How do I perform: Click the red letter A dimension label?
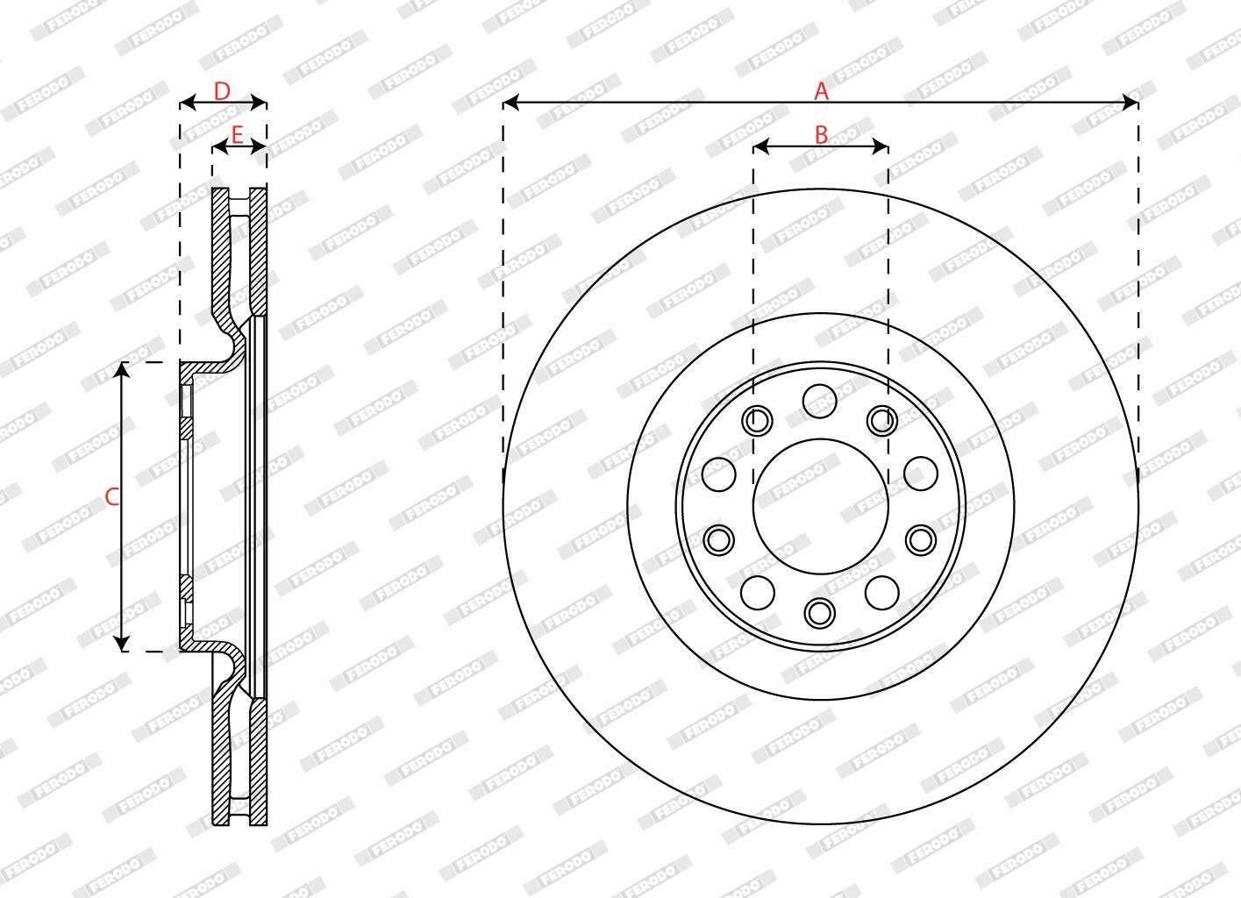[821, 91]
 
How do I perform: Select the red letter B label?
[821, 135]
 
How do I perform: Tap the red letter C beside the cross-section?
[112, 497]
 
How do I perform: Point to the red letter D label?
[222, 91]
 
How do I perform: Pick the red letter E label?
[237, 135]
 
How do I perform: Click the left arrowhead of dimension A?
[510, 103]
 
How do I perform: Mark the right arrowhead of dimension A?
[1130, 103]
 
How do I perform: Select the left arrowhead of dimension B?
[760, 146]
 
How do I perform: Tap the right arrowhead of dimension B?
[881, 146]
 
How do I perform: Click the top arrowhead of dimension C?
[122, 370]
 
